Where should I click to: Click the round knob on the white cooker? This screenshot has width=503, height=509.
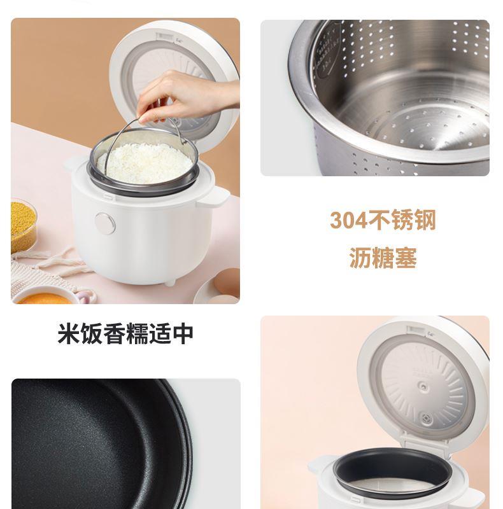pos(105,223)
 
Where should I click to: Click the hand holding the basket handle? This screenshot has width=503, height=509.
pos(185,97)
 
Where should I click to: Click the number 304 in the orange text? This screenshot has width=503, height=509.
pos(348,220)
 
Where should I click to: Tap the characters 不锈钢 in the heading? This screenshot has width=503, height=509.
pos(402,220)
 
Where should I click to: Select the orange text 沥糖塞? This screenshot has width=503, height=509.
pos(383,258)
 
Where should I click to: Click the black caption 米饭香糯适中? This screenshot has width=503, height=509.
pos(125,333)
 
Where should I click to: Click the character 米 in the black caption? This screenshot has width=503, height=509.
pos(69,333)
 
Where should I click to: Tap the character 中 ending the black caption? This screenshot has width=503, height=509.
pos(183,333)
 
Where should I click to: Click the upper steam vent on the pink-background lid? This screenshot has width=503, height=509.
pos(422,387)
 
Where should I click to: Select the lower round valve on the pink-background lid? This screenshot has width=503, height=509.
pos(426,419)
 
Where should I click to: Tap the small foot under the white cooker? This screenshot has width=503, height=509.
pos(170,283)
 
